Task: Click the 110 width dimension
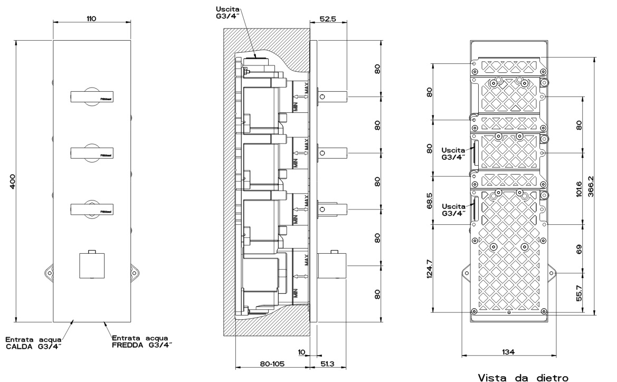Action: tap(91, 18)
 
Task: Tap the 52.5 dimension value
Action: tap(328, 18)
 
